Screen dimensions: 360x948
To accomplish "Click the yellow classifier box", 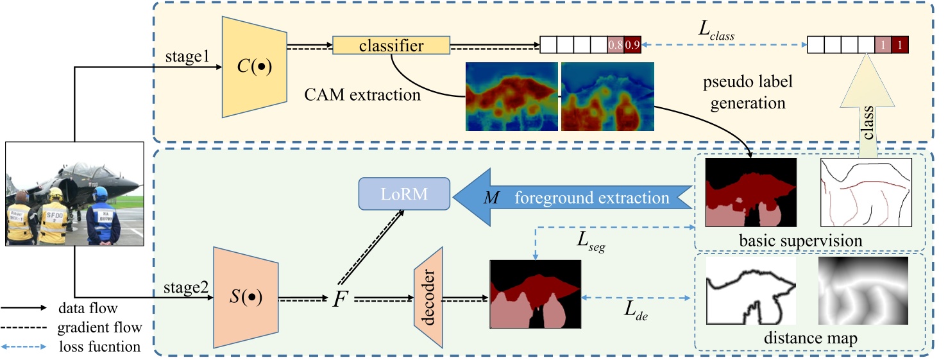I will pyautogui.click(x=391, y=46).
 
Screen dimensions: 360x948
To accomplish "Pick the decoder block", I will pyautogui.click(x=429, y=298).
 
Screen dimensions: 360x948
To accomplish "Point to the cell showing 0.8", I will pyautogui.click(x=615, y=45).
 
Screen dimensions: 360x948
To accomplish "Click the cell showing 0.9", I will pyautogui.click(x=632, y=45).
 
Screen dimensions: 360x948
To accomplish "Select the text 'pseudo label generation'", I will pyautogui.click(x=747, y=92).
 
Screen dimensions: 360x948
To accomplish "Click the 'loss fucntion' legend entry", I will pyautogui.click(x=93, y=347).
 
